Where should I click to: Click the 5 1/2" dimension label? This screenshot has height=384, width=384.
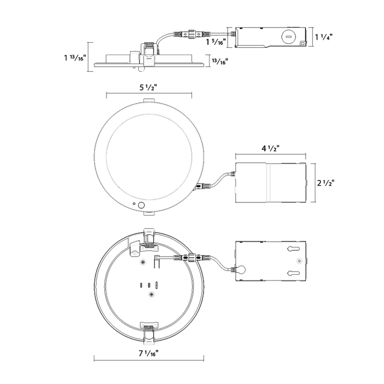click(x=148, y=87)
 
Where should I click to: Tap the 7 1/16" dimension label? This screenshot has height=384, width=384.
click(x=149, y=353)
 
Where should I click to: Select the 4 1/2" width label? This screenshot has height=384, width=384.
click(x=270, y=148)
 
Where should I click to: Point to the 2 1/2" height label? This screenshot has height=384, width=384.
click(x=326, y=183)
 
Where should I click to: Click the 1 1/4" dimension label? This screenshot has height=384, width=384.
click(x=324, y=37)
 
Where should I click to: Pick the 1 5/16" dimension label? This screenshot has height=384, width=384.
click(x=216, y=42)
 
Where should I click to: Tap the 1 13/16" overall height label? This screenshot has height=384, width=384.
click(x=75, y=58)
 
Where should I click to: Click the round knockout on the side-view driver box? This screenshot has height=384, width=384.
click(x=289, y=37)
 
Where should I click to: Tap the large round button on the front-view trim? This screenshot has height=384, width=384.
click(x=142, y=205)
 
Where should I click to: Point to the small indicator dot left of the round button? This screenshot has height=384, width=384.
click(x=134, y=204)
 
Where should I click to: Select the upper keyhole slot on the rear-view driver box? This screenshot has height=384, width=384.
click(x=293, y=249)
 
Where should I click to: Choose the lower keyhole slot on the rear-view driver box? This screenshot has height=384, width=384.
click(x=293, y=273)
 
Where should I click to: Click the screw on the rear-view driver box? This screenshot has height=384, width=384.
click(x=299, y=261)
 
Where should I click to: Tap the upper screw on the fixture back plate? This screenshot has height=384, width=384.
click(x=143, y=263)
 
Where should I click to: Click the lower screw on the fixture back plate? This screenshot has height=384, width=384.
click(x=152, y=294)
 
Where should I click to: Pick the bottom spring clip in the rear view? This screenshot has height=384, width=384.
click(x=149, y=331)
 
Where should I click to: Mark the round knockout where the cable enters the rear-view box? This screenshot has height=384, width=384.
click(x=241, y=270)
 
